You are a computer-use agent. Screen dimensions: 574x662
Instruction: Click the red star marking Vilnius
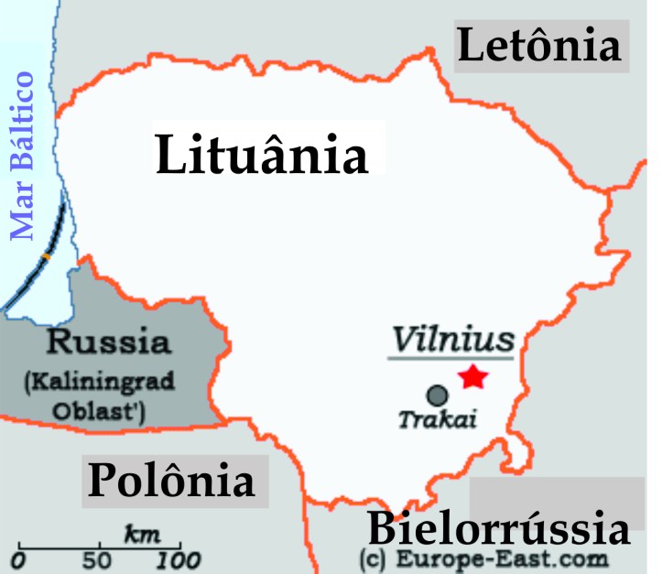pyautogui.click(x=473, y=376)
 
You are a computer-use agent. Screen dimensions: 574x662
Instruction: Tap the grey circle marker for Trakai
pyautogui.click(x=438, y=395)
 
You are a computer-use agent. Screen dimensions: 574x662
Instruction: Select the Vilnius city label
pyautogui.click(x=452, y=340)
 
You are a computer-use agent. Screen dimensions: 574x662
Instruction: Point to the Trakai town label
pyautogui.click(x=439, y=420)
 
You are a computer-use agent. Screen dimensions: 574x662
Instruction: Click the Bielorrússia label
pyautogui.click(x=499, y=529)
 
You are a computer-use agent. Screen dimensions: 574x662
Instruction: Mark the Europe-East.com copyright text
pyautogui.click(x=485, y=558)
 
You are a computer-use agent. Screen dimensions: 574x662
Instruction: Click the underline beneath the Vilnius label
pyautogui.click(x=452, y=357)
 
